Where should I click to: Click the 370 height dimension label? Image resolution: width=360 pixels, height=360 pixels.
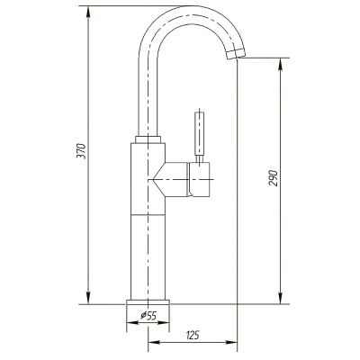[x=83, y=151]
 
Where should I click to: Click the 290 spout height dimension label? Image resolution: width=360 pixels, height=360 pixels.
[x=274, y=178]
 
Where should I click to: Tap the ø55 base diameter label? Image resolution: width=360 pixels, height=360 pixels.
[x=148, y=315]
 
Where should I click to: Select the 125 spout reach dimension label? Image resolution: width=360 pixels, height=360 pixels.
[x=193, y=335]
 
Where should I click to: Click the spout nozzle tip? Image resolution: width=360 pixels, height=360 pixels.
[x=236, y=54]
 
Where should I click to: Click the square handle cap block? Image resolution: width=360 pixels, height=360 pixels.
[x=199, y=180]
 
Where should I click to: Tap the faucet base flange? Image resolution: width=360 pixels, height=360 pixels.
[x=148, y=301]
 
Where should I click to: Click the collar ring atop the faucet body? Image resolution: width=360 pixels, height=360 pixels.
[x=148, y=139]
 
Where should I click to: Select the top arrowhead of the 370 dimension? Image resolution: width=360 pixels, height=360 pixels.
[x=88, y=12]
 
